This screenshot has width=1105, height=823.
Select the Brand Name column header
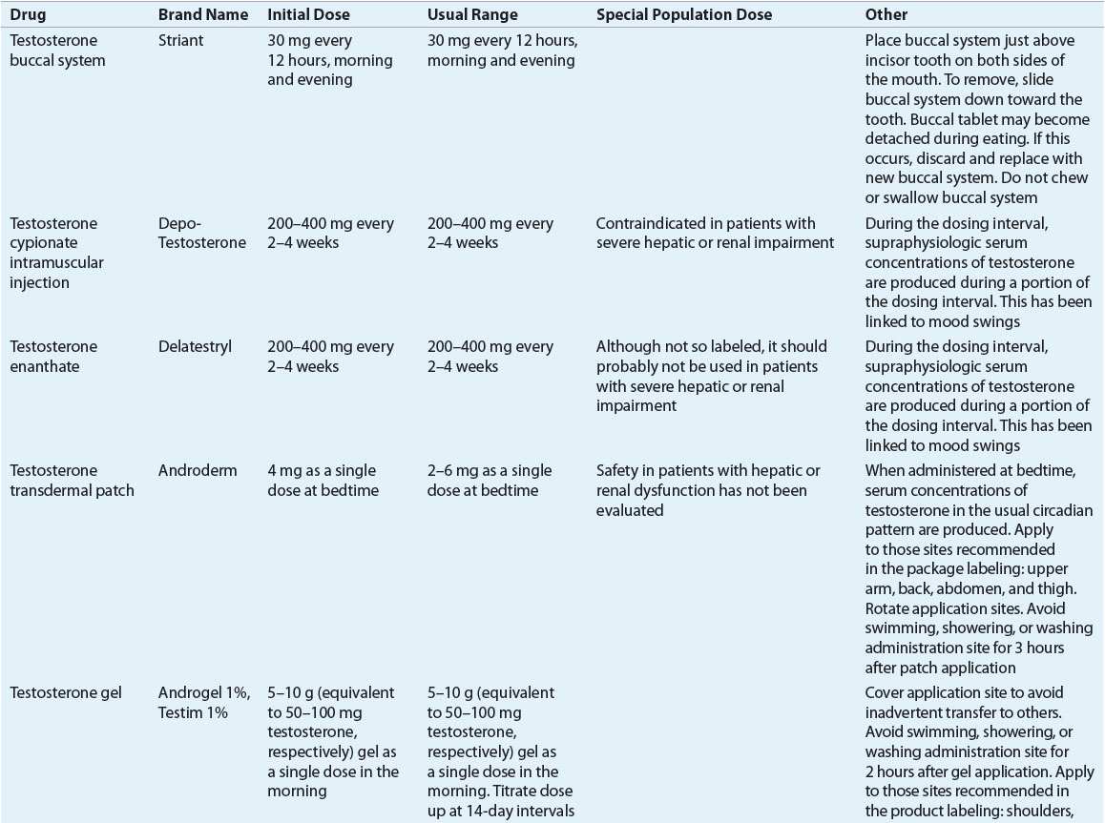point(202,15)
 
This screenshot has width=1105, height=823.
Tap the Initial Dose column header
point(308,15)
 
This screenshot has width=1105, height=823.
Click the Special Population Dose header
point(684,15)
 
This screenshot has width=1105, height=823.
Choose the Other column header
point(886,15)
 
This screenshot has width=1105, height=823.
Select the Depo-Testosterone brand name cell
point(201,234)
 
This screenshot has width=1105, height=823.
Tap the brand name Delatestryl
point(195,347)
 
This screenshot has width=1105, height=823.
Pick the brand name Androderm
point(194,471)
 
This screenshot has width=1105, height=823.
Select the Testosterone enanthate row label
point(53,357)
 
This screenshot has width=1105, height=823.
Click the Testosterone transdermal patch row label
point(72,481)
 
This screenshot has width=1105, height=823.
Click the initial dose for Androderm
point(323,481)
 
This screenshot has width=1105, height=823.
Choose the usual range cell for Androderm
point(485,481)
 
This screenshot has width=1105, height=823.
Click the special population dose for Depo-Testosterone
point(715,234)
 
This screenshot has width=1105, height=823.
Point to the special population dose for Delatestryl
point(711,376)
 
